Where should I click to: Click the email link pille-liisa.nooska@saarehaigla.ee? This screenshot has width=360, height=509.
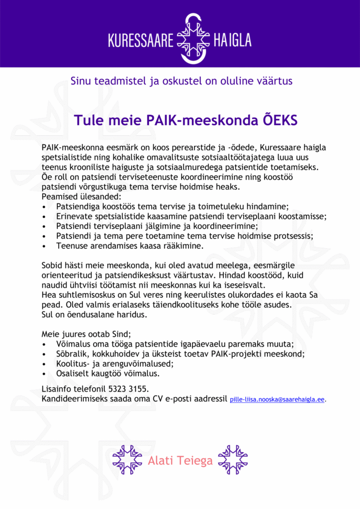coord(277,400)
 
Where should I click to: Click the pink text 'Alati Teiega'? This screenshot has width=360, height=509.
coord(180,461)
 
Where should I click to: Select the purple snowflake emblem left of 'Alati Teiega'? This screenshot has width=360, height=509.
coord(127,460)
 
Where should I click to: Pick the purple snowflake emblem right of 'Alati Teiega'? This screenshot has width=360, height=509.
coord(233,460)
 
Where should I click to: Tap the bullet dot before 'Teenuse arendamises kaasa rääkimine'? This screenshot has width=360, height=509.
coord(45,246)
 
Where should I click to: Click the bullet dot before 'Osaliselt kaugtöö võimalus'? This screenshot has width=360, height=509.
coord(45,373)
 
